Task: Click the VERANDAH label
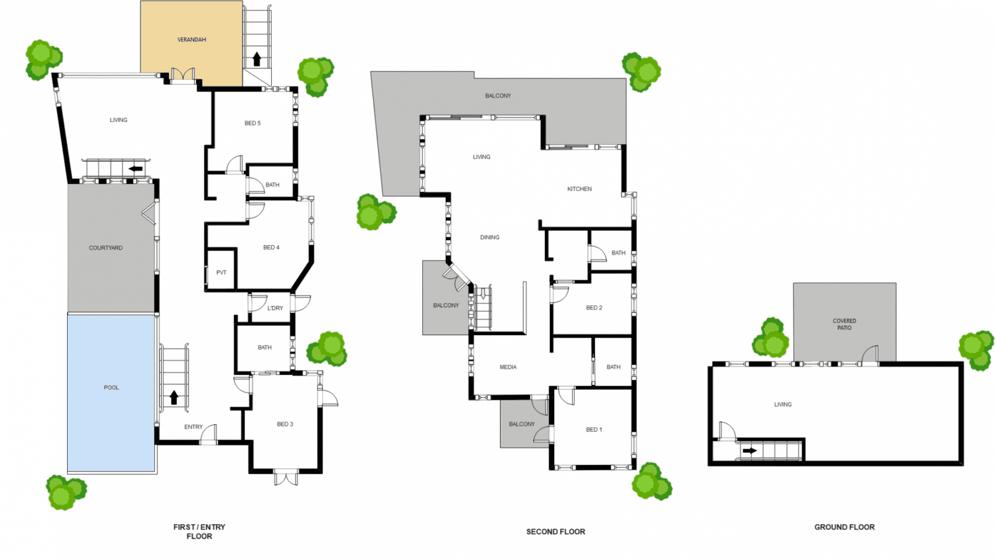click(192, 40)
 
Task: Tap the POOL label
click(111, 387)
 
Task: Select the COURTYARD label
click(106, 247)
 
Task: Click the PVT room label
click(221, 272)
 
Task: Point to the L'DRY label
click(275, 308)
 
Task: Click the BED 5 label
click(252, 123)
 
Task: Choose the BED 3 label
click(285, 424)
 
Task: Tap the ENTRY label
click(193, 427)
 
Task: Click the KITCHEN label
click(579, 188)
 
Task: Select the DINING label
click(489, 237)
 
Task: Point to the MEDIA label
click(508, 367)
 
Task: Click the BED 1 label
click(594, 429)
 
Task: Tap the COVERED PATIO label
click(845, 324)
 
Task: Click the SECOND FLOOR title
click(556, 532)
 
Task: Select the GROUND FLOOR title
click(845, 527)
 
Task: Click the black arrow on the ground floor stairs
click(750, 451)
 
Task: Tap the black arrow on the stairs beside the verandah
click(257, 59)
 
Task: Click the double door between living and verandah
click(183, 75)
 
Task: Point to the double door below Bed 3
click(285, 478)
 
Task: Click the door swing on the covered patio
click(870, 355)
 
